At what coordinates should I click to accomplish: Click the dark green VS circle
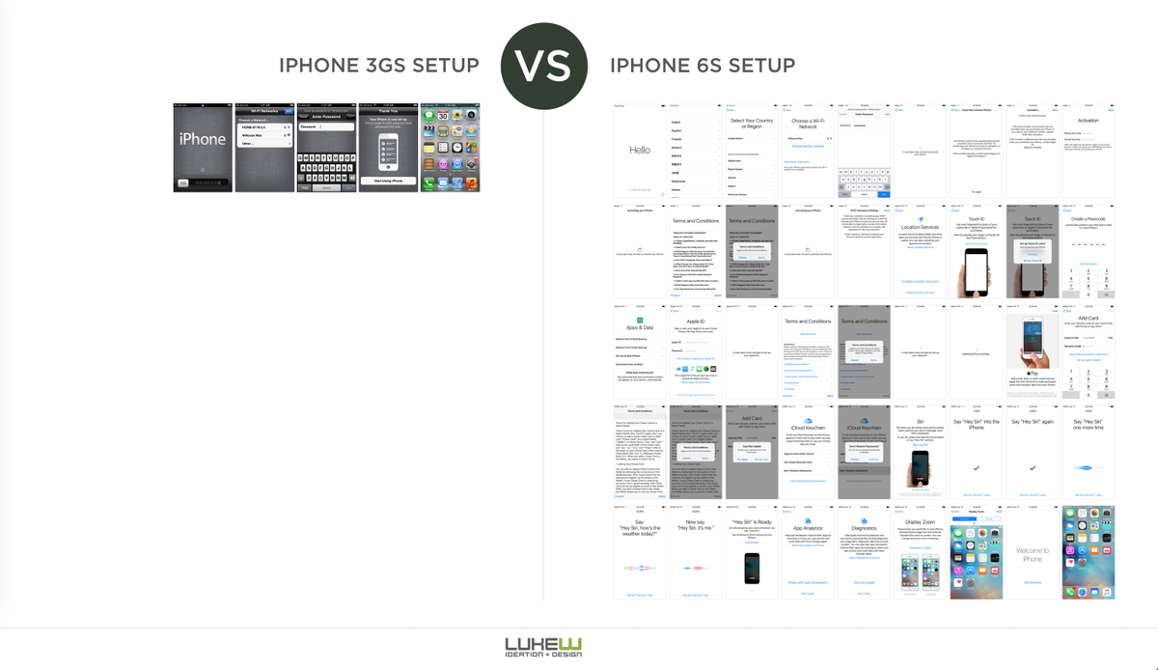point(543,66)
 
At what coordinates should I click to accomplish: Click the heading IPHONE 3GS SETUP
point(378,66)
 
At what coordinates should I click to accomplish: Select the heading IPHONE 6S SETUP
point(703,66)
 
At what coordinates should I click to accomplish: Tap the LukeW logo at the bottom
point(543,647)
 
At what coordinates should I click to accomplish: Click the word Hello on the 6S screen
point(640,150)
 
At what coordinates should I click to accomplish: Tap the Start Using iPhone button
point(387,180)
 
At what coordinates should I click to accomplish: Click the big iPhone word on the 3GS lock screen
point(203,139)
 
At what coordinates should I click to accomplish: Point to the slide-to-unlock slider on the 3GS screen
point(203,182)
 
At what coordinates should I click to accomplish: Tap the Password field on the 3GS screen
point(325,126)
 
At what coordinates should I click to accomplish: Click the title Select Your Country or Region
point(752,124)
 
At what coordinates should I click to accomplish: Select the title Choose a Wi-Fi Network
point(808,124)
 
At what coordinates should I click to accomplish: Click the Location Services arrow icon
point(920,219)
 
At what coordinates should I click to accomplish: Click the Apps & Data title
point(640,329)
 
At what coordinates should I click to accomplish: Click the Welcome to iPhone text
point(1032,554)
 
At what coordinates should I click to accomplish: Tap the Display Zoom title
point(920,522)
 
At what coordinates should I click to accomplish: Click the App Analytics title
point(808,528)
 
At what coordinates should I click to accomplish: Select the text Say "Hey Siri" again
point(1032,422)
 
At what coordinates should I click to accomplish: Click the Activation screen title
point(1088,121)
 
